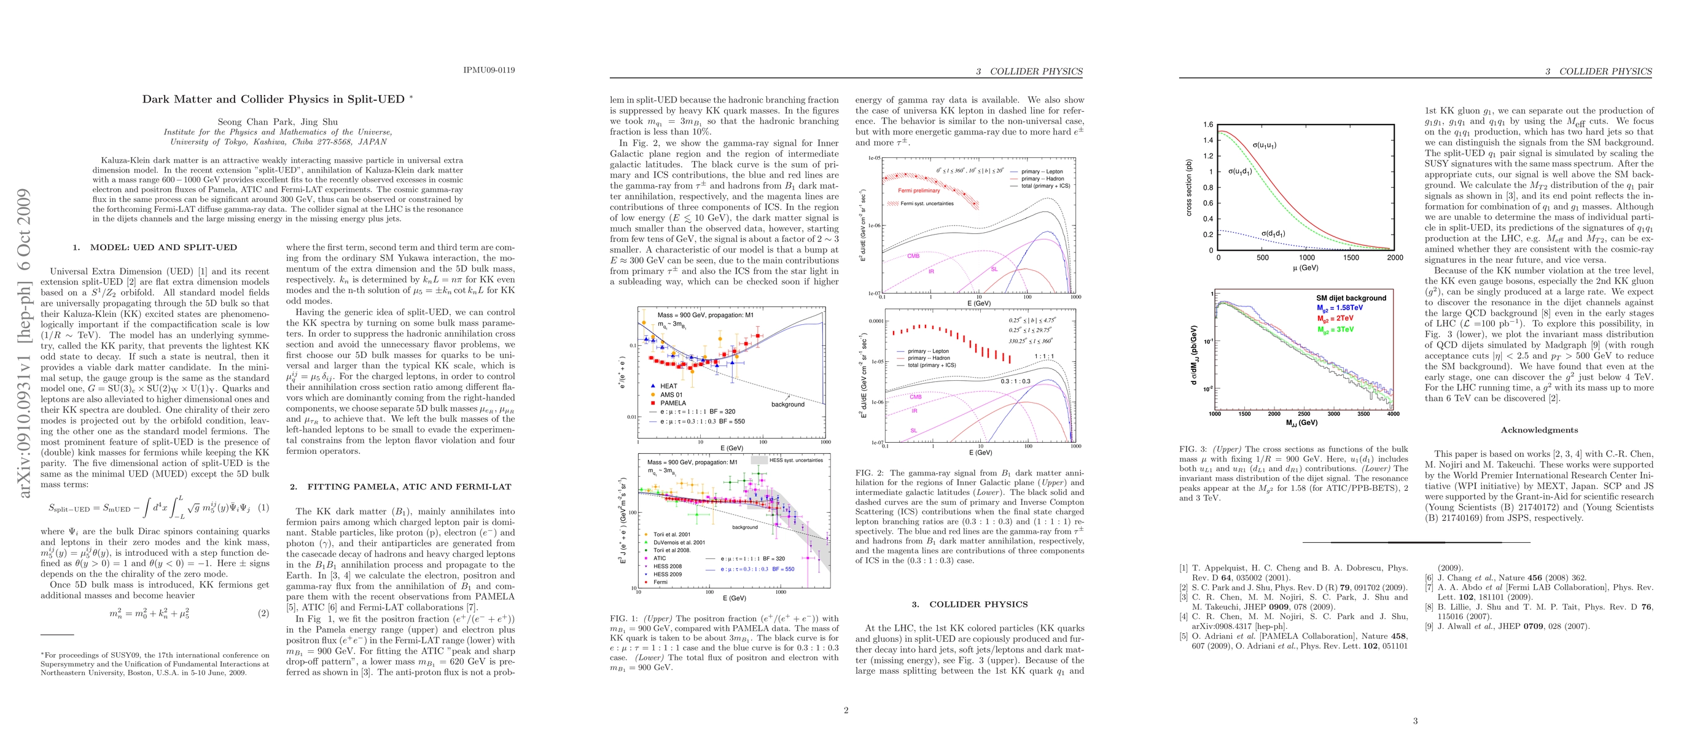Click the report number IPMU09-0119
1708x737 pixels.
[x=489, y=69]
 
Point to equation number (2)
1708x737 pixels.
[x=263, y=613]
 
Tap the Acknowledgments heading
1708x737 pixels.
[x=1539, y=430]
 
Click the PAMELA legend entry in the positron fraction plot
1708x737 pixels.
[x=673, y=403]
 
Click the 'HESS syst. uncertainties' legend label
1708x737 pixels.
[x=795, y=460]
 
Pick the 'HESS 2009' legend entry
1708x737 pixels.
[x=667, y=574]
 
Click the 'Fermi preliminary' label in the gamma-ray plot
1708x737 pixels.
[x=918, y=190]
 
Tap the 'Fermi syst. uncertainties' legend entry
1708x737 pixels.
[x=927, y=203]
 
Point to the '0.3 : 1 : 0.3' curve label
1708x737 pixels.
[x=1015, y=381]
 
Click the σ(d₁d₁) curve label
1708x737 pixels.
[x=1273, y=233]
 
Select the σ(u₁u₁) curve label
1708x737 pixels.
[x=1265, y=145]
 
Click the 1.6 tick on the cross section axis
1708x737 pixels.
[x=1208, y=125]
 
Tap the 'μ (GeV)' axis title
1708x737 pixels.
[x=1306, y=268]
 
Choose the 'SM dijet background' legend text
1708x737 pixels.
[x=1351, y=298]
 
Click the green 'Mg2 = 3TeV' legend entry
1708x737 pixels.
[x=1335, y=329]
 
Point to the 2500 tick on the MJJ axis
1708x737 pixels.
[x=1303, y=413]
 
